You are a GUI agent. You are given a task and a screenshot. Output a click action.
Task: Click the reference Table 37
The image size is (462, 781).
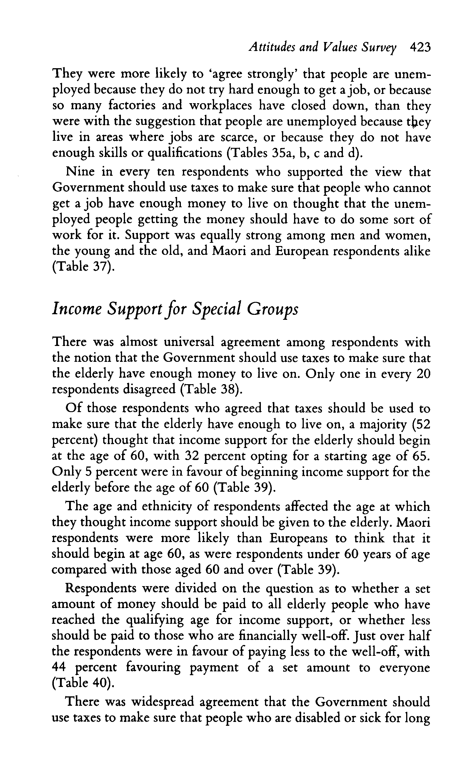pos(81,267)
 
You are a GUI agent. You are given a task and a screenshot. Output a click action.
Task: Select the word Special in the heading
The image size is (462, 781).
pos(217,309)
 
